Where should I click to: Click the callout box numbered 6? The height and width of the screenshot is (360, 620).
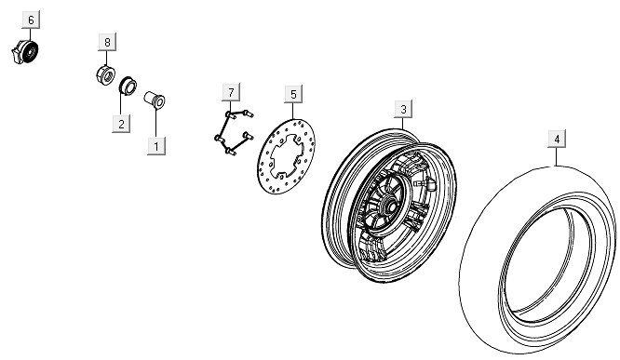pyautogui.click(x=32, y=20)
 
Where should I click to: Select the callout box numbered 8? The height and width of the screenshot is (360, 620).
pyautogui.click(x=107, y=42)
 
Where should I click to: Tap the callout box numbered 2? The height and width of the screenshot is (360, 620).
pyautogui.click(x=121, y=124)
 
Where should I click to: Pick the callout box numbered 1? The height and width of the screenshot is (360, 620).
pyautogui.click(x=156, y=146)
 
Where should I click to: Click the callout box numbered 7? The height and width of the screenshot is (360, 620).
pyautogui.click(x=231, y=93)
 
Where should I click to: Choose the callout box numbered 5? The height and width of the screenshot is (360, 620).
pyautogui.click(x=293, y=95)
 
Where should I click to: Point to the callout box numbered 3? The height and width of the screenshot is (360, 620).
pyautogui.click(x=403, y=109)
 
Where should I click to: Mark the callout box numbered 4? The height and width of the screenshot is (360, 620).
pyautogui.click(x=557, y=140)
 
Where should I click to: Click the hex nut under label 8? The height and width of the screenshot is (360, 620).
pyautogui.click(x=105, y=75)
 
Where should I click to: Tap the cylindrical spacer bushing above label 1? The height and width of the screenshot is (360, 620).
pyautogui.click(x=155, y=100)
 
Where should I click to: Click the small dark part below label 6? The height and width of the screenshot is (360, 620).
pyautogui.click(x=25, y=52)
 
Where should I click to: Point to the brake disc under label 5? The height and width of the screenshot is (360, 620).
pyautogui.click(x=287, y=156)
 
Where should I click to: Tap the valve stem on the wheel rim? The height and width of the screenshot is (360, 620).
pyautogui.click(x=425, y=184)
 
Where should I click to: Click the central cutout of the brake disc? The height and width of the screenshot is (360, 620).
pyautogui.click(x=286, y=155)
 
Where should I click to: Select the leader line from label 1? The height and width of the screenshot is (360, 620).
pyautogui.click(x=156, y=123)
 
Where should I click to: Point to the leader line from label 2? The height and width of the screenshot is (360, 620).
pyautogui.click(x=121, y=104)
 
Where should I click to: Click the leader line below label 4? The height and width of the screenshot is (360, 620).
pyautogui.click(x=557, y=157)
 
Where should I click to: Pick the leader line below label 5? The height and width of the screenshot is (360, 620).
pyautogui.click(x=293, y=111)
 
